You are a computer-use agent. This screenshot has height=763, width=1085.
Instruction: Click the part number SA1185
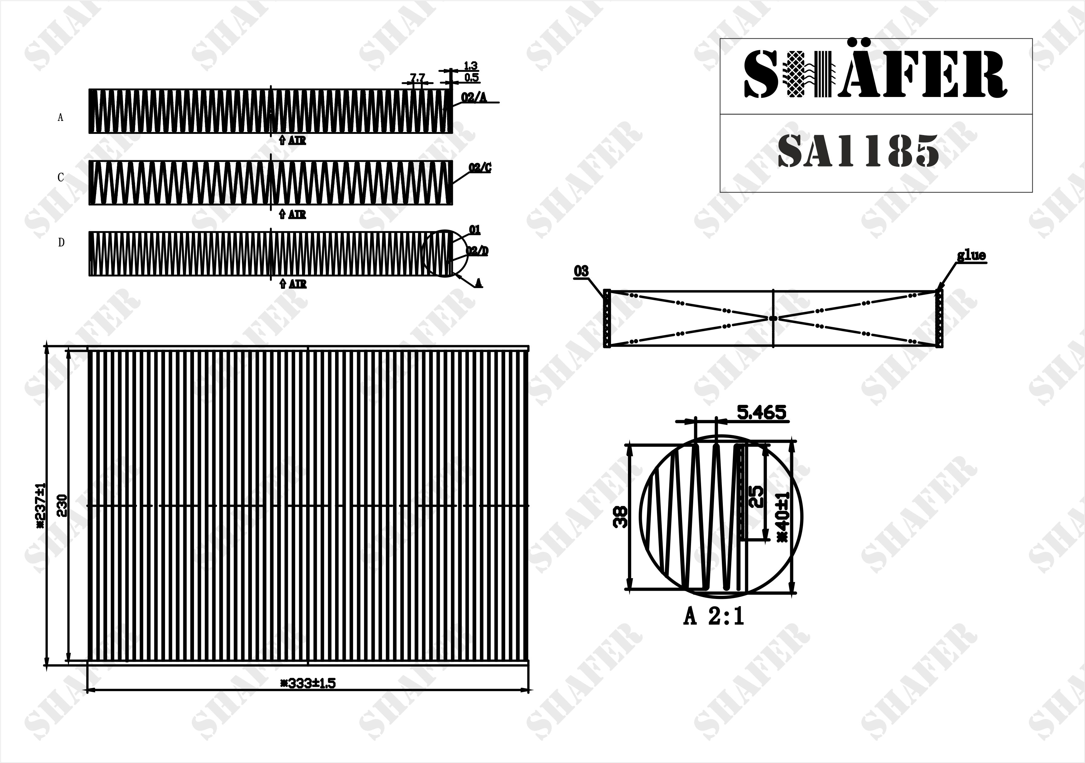(858, 151)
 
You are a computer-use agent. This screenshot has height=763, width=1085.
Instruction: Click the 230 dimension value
(62, 505)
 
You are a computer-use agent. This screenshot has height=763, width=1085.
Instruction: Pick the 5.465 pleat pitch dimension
(762, 413)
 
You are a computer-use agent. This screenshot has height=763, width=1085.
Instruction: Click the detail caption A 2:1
(714, 617)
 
